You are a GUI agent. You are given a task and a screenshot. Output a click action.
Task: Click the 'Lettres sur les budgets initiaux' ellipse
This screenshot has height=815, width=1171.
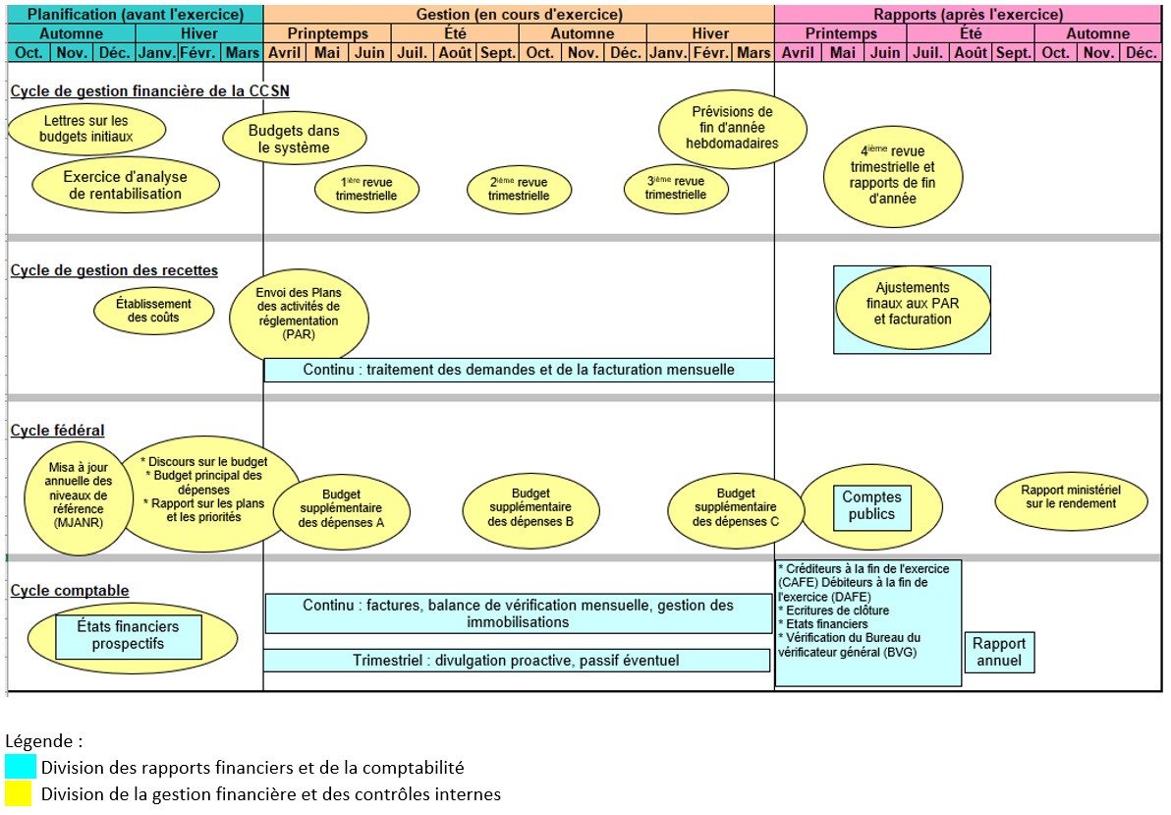[x=86, y=130]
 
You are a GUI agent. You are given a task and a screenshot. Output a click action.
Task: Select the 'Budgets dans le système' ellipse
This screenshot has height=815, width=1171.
[x=295, y=139]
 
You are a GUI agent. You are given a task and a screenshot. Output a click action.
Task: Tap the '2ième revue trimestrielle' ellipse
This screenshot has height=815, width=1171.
[x=519, y=189]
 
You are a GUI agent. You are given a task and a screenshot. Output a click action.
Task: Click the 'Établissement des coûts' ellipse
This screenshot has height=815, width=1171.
[x=154, y=311]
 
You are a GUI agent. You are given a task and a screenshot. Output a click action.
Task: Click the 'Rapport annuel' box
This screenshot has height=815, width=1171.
[x=999, y=653]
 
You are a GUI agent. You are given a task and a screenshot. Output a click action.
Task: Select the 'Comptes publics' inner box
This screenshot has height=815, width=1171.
[x=871, y=506]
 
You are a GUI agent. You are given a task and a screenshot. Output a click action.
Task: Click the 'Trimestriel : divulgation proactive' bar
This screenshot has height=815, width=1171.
[x=517, y=661]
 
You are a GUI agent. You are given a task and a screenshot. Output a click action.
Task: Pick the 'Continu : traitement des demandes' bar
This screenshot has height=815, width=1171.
[x=519, y=370]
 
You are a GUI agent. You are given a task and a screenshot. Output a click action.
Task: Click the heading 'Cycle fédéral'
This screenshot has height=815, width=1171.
[x=58, y=431]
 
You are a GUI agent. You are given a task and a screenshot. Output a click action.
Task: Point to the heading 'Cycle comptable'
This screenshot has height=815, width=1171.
[x=70, y=591]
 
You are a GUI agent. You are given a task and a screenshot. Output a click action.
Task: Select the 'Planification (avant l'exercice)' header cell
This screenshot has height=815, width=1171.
[x=136, y=14]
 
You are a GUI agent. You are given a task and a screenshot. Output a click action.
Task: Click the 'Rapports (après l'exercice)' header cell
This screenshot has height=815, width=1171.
[x=968, y=14]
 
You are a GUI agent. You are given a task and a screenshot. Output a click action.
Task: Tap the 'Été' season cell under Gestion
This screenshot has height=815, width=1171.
[x=455, y=33]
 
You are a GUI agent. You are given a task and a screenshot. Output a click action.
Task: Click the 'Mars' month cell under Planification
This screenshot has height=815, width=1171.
[x=242, y=52]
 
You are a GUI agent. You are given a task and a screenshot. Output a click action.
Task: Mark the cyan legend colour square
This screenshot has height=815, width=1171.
[x=21, y=767]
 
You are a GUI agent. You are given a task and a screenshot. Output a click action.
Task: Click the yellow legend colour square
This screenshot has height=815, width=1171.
[x=19, y=793]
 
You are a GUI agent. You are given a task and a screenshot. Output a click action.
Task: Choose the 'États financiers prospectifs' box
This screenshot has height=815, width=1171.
[x=129, y=636]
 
